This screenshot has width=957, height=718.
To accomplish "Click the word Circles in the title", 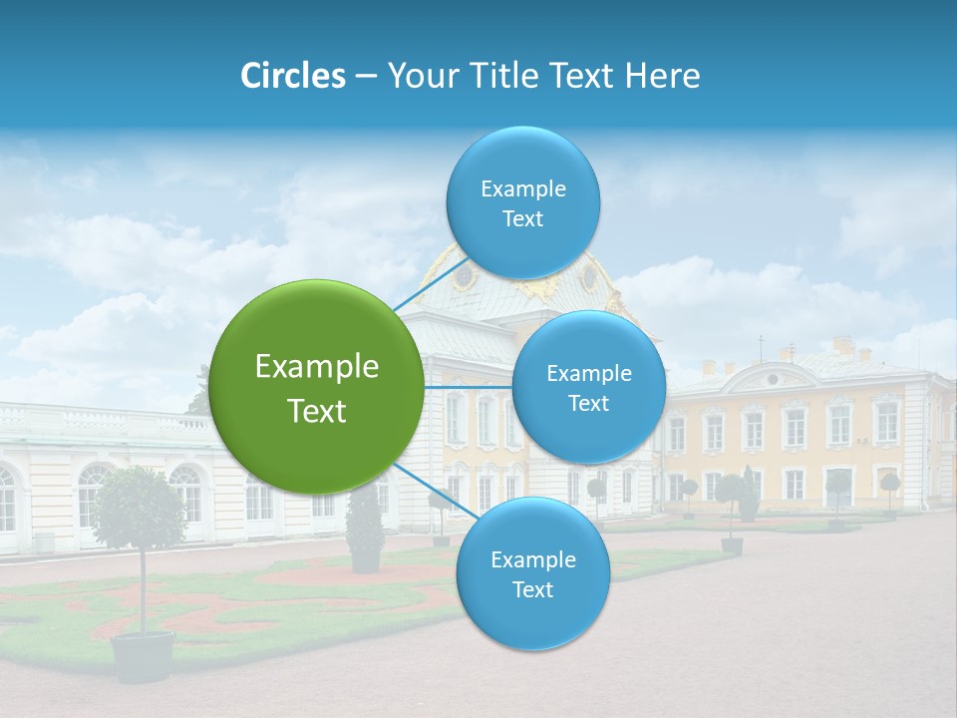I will [x=293, y=76].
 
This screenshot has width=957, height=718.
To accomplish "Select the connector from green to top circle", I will [x=430, y=283].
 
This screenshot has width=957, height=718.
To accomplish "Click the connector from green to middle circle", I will [x=468, y=387].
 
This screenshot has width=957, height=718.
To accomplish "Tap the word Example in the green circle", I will [x=317, y=367].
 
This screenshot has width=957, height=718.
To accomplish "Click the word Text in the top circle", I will [x=522, y=219].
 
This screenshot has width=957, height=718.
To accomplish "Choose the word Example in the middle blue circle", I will [x=589, y=374].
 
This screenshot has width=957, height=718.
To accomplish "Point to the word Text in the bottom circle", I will [x=532, y=590].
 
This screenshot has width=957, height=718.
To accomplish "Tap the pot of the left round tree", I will [x=143, y=656].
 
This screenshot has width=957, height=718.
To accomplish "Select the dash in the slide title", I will [x=366, y=76].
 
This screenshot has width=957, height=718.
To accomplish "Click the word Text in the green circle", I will [x=317, y=411].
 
